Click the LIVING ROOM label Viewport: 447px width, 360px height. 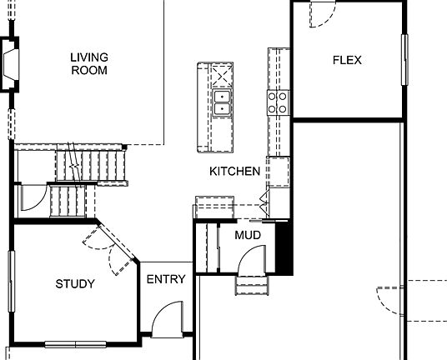point(89,64)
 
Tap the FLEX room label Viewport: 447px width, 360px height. point(347,60)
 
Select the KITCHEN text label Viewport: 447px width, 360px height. point(234,172)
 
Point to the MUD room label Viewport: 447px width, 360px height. point(247,236)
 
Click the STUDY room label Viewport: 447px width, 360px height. point(75,284)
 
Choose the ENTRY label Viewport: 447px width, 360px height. point(165,279)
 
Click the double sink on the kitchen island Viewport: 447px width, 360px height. point(223,102)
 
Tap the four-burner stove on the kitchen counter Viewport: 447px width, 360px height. point(277,102)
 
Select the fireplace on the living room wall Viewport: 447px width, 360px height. point(12,65)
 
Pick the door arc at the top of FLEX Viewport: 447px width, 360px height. point(322,13)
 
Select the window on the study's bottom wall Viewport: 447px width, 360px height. point(76,344)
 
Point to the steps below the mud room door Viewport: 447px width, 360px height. point(254,286)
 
